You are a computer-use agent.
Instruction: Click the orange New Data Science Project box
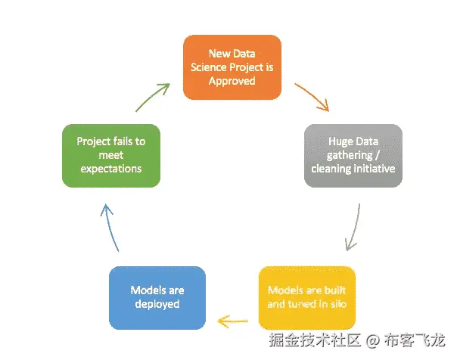tap(232, 67)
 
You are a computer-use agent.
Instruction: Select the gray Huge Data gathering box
tap(353, 155)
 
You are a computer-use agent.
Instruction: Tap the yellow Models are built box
tap(306, 296)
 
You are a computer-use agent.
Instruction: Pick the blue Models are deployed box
tap(157, 296)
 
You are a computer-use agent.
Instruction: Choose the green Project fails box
tap(110, 155)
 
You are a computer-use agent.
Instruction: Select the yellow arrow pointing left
tap(233, 321)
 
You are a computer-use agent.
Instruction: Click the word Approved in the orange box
tap(232, 81)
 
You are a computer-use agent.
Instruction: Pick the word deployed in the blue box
tap(157, 304)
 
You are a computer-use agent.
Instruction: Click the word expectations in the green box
tap(110, 169)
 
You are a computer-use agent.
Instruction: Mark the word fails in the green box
tap(124, 141)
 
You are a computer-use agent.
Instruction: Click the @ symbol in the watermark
tap(372, 340)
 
